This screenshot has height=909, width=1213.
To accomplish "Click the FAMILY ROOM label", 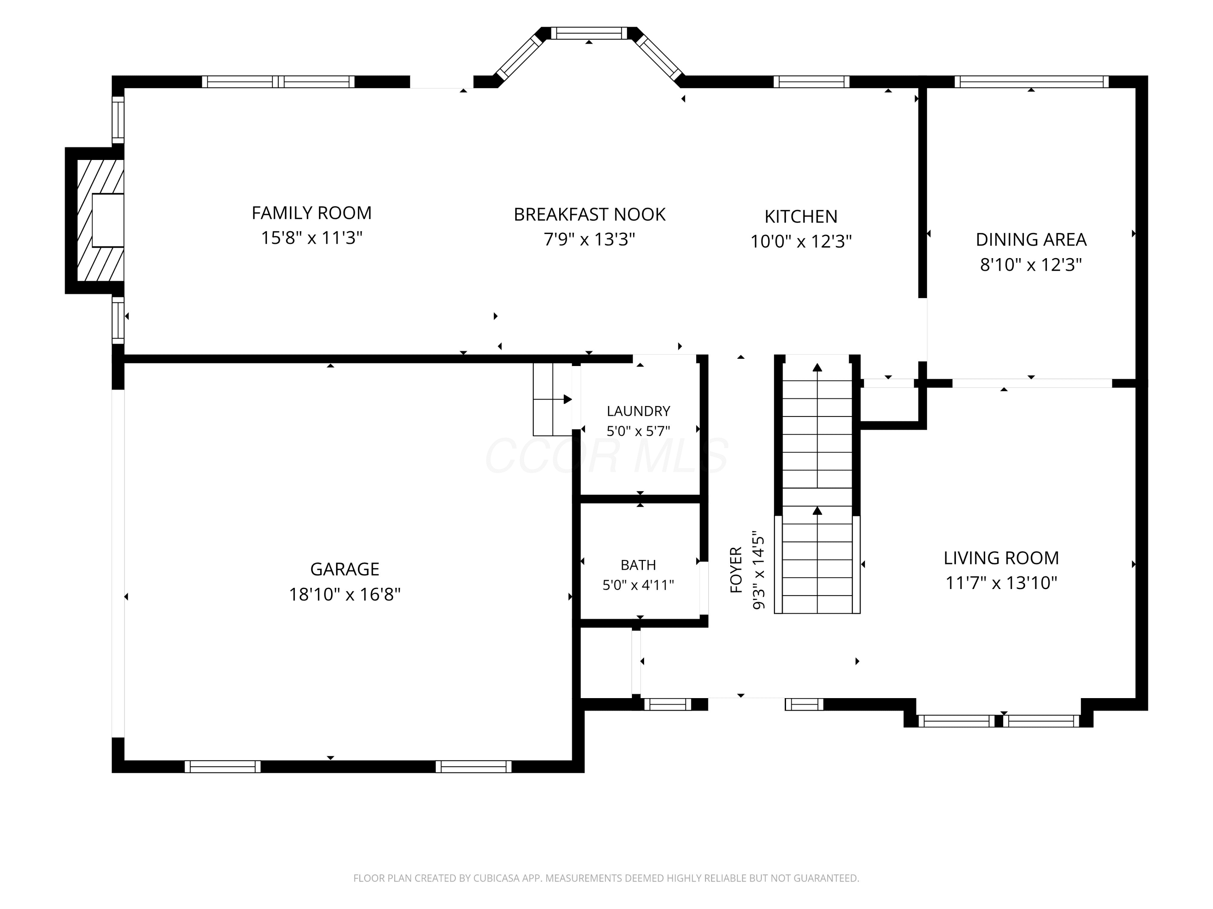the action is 311,213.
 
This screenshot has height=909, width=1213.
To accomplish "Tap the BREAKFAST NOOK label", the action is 590,214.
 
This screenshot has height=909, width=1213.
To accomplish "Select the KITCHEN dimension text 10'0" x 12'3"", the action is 801,242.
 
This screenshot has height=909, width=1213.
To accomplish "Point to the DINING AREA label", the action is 1031,240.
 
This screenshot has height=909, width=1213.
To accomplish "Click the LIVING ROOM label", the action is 1001,558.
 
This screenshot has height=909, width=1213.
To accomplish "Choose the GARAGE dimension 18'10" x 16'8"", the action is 345,595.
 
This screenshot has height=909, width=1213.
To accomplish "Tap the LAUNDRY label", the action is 638,411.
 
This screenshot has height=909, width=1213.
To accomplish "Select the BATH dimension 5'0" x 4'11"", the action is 638,585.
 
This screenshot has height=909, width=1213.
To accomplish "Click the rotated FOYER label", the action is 736,570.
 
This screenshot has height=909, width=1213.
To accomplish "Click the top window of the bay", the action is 589,33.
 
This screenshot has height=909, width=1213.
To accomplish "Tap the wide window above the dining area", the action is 1031,82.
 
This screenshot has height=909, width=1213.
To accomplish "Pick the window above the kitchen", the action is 811,82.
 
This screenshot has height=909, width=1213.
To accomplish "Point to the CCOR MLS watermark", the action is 606,455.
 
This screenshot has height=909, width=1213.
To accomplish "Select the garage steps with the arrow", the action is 553,400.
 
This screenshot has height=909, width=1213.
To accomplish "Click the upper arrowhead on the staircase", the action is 818,368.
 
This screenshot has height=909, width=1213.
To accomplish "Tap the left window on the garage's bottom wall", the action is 223,766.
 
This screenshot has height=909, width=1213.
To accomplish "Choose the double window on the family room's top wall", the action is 279,82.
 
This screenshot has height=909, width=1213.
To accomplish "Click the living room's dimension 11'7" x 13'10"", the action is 1001,583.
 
